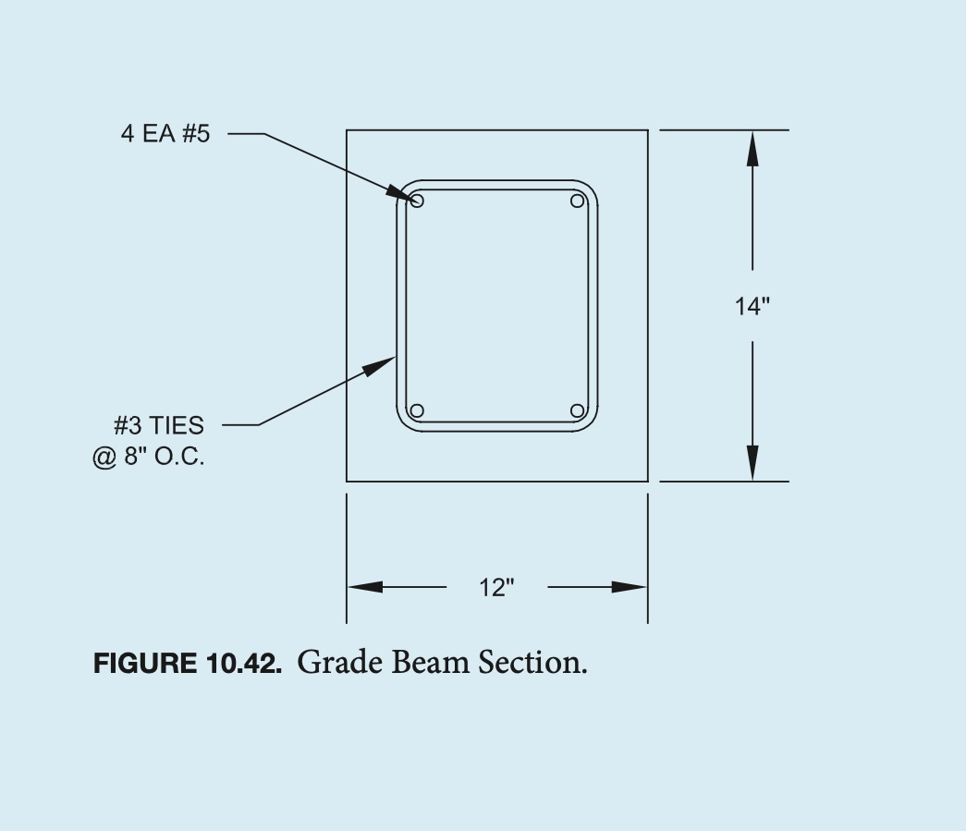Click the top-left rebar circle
click(417, 201)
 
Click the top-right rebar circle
click(578, 201)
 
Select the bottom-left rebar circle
click(417, 410)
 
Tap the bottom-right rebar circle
click(578, 410)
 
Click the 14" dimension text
click(752, 307)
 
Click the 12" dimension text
click(496, 587)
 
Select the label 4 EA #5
click(165, 134)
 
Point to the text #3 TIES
click(159, 425)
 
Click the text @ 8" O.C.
click(149, 457)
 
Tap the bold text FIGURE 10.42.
click(187, 664)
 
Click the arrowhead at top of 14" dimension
click(752, 148)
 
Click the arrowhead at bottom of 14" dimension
click(752, 463)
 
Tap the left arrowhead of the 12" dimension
click(364, 587)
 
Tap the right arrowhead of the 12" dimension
click(630, 587)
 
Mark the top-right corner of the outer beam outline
click(647, 130)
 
